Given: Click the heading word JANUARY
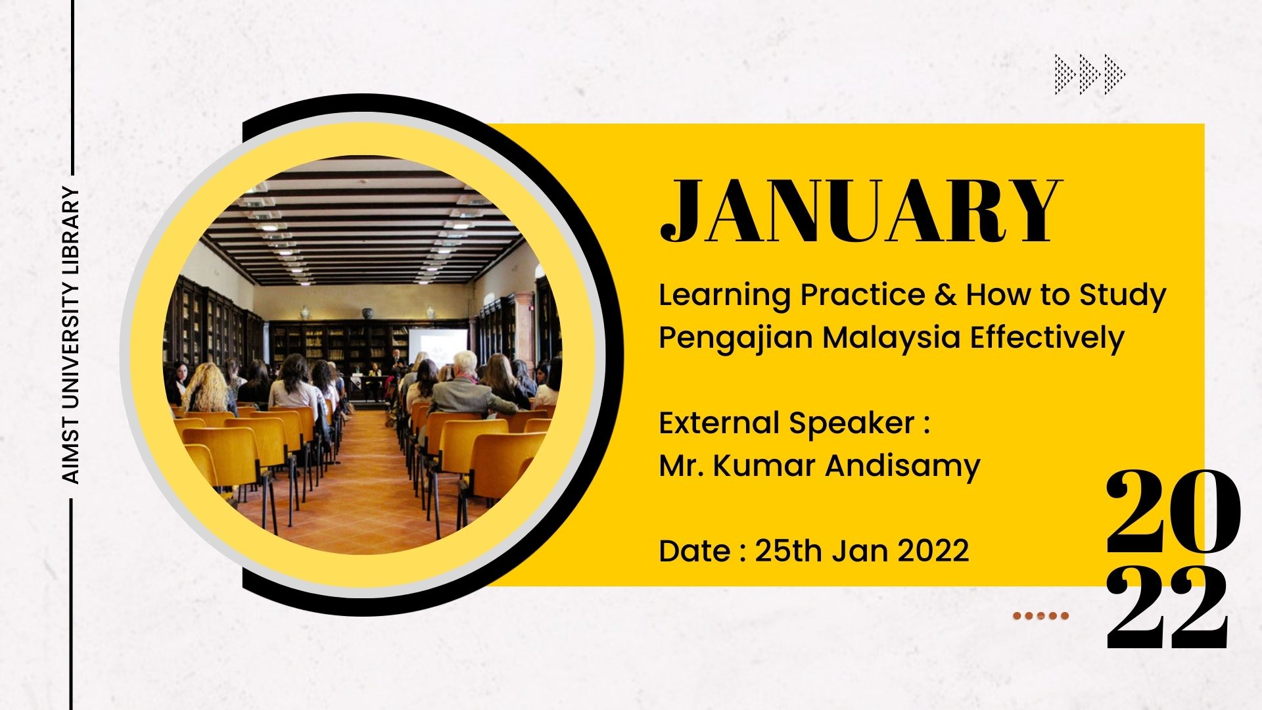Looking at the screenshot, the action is (860, 211).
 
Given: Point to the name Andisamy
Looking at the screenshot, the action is (902, 465).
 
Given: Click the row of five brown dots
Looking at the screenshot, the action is (1040, 616).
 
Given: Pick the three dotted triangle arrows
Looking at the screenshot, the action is (1090, 74).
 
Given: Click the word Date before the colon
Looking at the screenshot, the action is (694, 551).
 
